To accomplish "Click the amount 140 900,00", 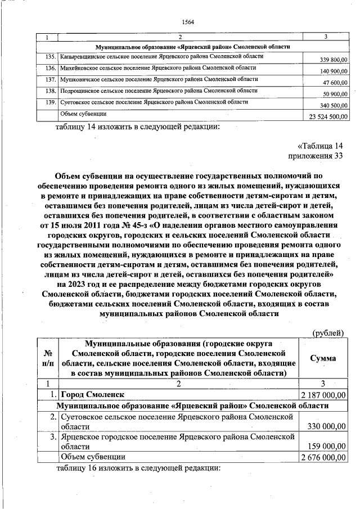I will (x=334, y=71).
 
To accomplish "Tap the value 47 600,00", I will (x=336, y=83).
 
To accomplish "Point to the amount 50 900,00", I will (x=336, y=94).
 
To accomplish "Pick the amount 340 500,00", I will (x=334, y=106).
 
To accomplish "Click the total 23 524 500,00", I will (x=329, y=116).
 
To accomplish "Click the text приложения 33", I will (x=315, y=156).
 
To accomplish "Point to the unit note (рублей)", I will (x=327, y=333).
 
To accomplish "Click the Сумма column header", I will (x=323, y=358).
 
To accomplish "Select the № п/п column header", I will (x=48, y=358).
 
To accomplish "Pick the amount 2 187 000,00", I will (x=323, y=395).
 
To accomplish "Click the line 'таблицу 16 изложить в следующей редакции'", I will (x=138, y=468).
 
